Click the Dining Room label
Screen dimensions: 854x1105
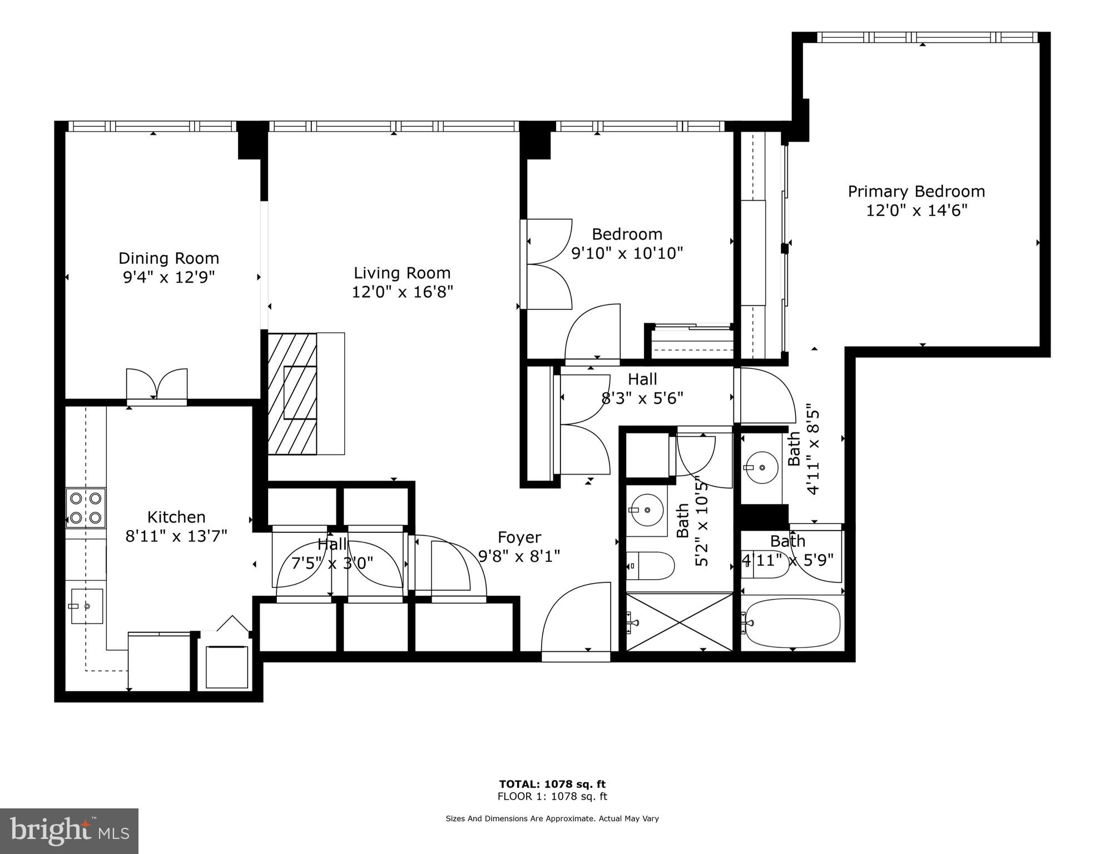pos(169,258)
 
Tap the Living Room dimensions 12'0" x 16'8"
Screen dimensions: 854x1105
pos(402,292)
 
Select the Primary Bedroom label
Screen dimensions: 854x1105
pos(916,192)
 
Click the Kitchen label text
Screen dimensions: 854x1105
pos(176,517)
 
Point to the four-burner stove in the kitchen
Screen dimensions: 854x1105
pos(86,508)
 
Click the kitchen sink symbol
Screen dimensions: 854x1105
pos(86,606)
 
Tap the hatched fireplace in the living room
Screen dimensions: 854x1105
pos(293,394)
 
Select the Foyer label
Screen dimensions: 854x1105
pos(519,537)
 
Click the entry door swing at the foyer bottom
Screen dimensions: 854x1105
pos(576,618)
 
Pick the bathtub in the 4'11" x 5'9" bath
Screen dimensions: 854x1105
pos(792,623)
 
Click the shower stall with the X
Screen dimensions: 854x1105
pos(680,622)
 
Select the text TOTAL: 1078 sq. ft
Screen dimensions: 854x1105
pos(552,784)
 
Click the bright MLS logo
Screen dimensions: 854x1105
pos(69,831)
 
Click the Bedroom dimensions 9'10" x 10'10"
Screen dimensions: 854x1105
pos(627,253)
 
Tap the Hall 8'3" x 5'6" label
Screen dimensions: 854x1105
pos(642,388)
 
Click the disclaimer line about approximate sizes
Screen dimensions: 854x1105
pos(552,818)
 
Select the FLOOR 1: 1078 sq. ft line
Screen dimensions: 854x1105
pos(552,796)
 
